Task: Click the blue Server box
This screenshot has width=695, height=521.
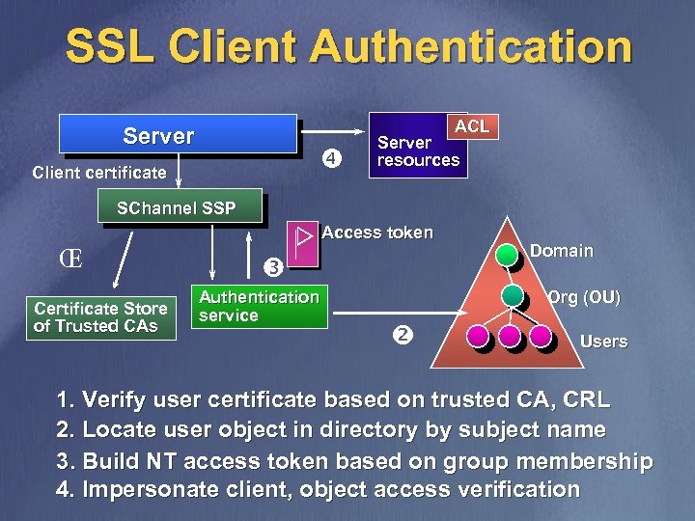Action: [178, 134]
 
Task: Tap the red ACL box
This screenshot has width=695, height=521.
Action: [472, 126]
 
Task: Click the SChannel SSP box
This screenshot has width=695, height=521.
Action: [176, 207]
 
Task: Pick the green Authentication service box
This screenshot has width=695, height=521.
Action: [258, 306]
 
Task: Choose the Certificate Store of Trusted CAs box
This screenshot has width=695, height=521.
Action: [100, 317]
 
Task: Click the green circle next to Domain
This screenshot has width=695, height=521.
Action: [508, 256]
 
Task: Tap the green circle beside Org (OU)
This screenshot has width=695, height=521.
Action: [513, 295]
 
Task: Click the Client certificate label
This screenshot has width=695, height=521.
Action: [99, 173]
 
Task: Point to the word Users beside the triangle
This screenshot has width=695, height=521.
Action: [603, 342]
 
